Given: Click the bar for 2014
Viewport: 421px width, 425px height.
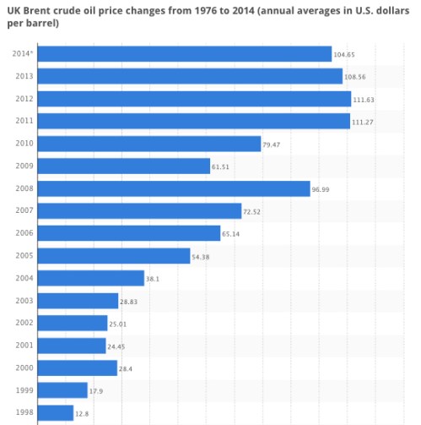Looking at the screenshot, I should (185, 54).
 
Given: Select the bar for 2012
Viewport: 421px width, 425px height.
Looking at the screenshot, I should (195, 99).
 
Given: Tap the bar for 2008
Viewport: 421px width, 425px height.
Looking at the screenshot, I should (175, 188).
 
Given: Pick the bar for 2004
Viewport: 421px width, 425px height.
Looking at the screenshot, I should (92, 278).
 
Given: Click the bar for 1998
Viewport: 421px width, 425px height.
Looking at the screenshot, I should (57, 412).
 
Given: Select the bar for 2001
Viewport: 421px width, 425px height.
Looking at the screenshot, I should (73, 346).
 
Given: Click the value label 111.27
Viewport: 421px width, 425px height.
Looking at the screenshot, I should (363, 122).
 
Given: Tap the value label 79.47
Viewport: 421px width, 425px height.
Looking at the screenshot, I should (273, 144).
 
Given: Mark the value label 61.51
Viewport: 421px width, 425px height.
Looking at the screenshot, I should (221, 166).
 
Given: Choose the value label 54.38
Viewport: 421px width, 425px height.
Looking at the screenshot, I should (202, 256).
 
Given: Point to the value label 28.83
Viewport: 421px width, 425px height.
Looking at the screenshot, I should (130, 301).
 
